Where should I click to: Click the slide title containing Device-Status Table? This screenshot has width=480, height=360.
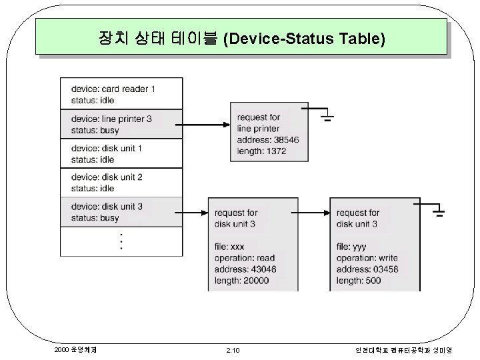click(241, 38)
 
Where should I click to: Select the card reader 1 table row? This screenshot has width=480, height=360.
click(121, 94)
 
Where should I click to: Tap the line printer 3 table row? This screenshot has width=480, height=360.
click(121, 124)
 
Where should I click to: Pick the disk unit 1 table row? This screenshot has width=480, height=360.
click(121, 153)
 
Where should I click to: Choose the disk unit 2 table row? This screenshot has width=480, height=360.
click(121, 183)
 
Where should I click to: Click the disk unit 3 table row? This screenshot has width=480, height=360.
click(121, 212)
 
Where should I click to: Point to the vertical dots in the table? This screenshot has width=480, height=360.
click(121, 241)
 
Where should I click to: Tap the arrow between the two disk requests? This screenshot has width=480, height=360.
click(313, 213)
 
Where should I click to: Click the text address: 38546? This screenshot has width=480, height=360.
click(268, 140)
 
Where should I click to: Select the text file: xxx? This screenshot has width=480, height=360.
click(229, 247)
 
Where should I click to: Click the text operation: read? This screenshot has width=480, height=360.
click(245, 258)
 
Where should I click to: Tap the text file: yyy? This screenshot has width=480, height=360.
click(351, 247)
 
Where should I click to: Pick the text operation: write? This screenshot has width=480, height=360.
click(367, 258)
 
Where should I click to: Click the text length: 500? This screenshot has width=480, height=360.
click(359, 281)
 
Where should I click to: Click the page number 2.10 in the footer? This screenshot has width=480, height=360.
click(233, 349)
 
